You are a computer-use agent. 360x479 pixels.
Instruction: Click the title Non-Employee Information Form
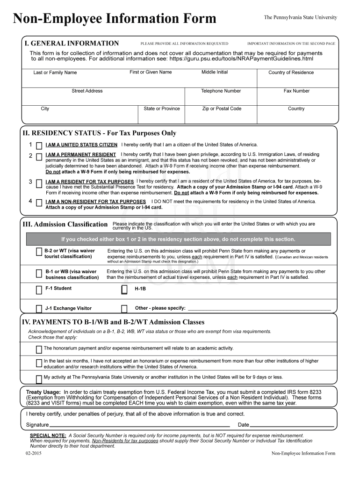click(115, 19)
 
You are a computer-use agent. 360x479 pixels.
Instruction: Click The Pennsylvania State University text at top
click(300, 17)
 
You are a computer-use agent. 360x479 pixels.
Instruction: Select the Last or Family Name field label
click(55, 73)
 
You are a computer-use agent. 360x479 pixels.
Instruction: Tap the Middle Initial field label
click(215, 72)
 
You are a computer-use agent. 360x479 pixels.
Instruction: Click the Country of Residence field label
click(291, 73)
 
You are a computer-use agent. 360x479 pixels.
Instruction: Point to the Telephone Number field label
click(221, 91)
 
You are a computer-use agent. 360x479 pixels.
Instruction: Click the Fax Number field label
click(296, 91)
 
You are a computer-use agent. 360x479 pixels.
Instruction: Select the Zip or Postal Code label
click(222, 109)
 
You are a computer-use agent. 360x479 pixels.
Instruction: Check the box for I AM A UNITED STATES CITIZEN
click(39, 145)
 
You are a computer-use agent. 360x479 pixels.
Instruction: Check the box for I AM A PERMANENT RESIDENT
click(39, 155)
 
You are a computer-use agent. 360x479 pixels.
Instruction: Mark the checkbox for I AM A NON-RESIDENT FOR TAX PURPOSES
click(39, 202)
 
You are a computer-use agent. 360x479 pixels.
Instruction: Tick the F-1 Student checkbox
click(39, 290)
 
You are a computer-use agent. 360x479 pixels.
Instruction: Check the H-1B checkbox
click(124, 290)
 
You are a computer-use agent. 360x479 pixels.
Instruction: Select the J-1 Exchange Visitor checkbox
click(39, 309)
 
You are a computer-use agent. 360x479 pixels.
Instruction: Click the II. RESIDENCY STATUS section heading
click(100, 133)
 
